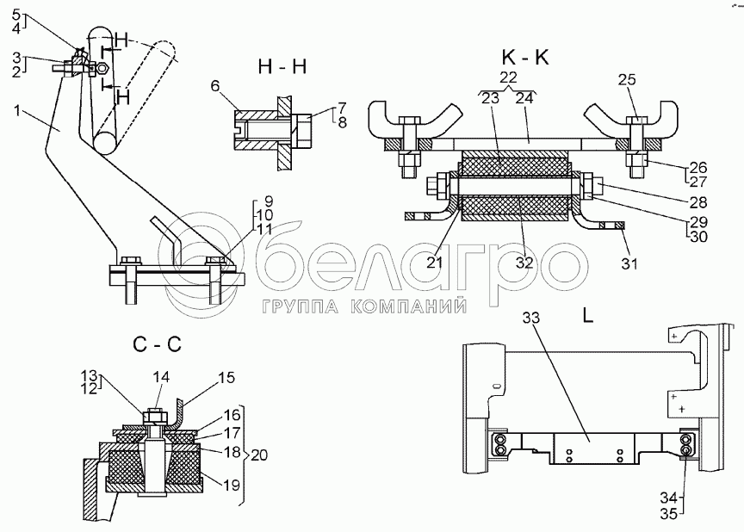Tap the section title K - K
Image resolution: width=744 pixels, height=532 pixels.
pyautogui.click(x=524, y=59)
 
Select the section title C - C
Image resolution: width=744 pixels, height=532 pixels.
pyautogui.click(x=157, y=347)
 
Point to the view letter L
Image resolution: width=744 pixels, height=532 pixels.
pyautogui.click(x=587, y=315)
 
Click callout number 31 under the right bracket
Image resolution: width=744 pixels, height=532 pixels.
pyautogui.click(x=630, y=263)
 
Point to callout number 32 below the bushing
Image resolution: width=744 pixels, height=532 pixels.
pyautogui.click(x=524, y=263)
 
